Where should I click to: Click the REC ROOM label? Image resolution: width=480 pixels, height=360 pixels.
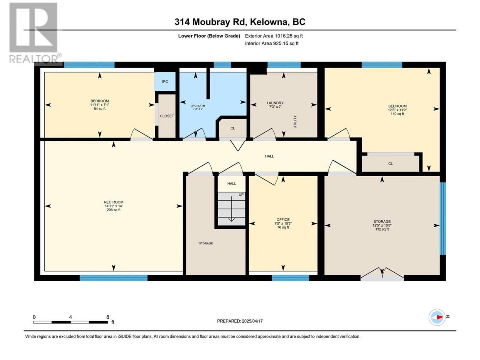(x=114, y=202)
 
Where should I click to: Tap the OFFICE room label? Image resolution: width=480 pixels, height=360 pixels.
(x=283, y=220)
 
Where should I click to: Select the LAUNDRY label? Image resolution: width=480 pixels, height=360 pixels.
(x=275, y=103)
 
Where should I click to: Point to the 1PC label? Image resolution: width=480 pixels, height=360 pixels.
(x=165, y=81)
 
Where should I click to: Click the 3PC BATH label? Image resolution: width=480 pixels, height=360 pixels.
(x=198, y=106)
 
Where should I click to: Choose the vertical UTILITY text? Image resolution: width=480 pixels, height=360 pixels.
(x=295, y=122)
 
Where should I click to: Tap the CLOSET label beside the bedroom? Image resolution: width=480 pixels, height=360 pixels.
(x=167, y=116)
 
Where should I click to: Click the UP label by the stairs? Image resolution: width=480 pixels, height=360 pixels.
(x=241, y=195)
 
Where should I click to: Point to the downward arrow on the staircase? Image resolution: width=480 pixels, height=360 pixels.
(x=232, y=209)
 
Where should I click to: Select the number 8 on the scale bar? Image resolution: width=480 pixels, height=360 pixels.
(x=108, y=317)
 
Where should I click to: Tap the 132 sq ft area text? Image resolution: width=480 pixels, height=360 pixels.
(x=382, y=229)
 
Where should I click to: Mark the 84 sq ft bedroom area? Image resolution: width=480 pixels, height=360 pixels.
(x=99, y=109)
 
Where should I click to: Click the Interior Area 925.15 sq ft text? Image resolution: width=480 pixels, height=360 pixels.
(x=271, y=43)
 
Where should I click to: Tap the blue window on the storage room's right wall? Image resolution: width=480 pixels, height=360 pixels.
(x=442, y=218)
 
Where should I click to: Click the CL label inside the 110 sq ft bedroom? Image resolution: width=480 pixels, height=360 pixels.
(x=390, y=164)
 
